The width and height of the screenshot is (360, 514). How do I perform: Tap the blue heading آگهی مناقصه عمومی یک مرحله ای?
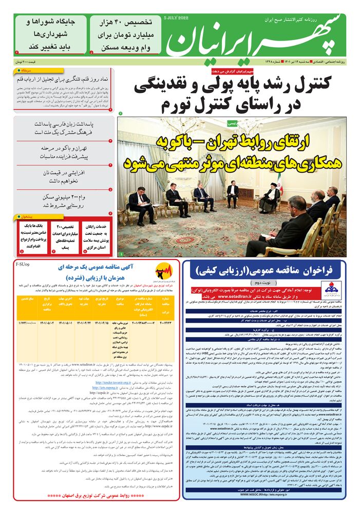pyautogui.click(x=89, y=272)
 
